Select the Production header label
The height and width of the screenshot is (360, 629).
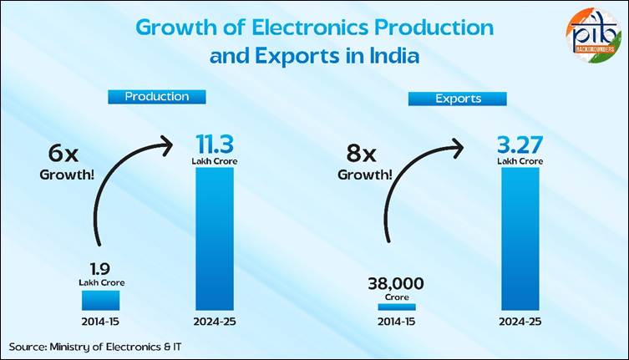(157, 96)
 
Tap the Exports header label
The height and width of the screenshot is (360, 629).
(458, 98)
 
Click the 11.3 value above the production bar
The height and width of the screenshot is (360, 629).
(214, 142)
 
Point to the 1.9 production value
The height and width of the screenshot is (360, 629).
(101, 269)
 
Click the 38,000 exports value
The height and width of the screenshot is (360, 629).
(396, 283)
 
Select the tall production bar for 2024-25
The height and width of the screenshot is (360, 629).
(214, 237)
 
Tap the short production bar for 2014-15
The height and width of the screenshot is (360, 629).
(100, 299)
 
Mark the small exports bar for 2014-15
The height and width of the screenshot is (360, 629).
(396, 307)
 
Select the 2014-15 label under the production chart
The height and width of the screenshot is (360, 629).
(100, 321)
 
